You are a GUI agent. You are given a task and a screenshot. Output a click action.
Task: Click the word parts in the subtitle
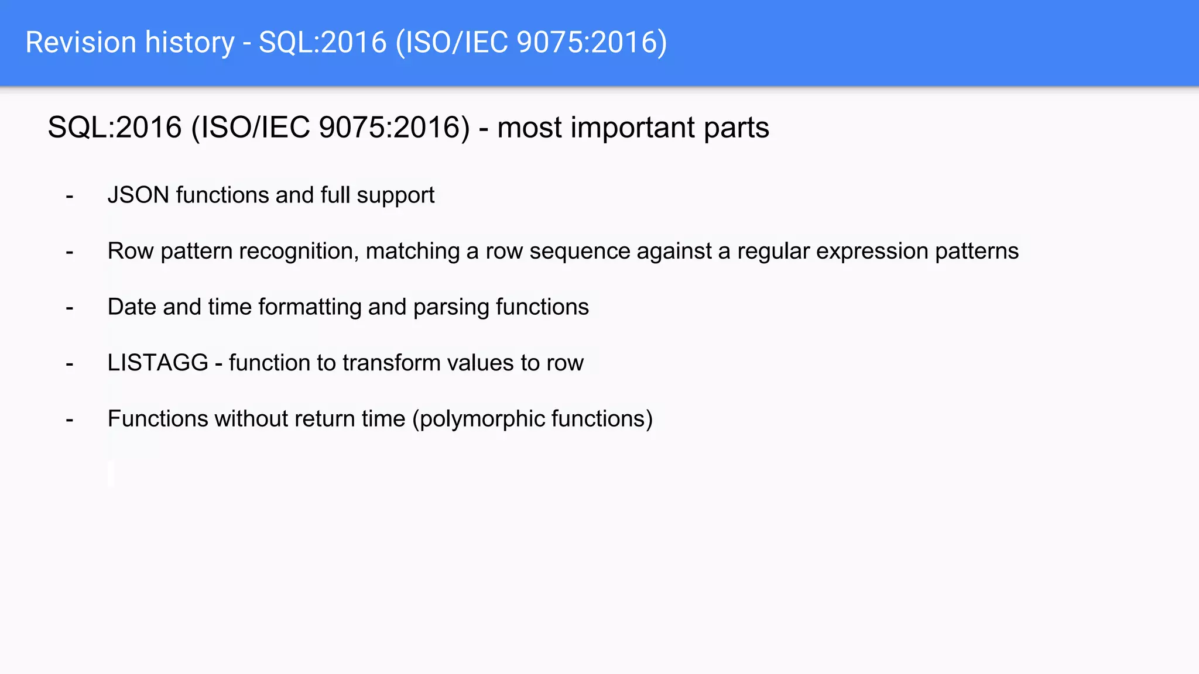(736, 128)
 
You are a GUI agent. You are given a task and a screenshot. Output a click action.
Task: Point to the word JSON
(138, 195)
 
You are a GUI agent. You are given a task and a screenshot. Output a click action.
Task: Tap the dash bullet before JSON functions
(70, 197)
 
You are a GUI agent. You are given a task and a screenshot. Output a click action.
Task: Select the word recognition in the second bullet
(299, 252)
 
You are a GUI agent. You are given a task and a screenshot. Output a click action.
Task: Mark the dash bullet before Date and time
(70, 308)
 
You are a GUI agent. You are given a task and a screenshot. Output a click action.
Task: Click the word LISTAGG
(158, 363)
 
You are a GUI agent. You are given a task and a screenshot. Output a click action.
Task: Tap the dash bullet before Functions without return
(70, 420)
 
